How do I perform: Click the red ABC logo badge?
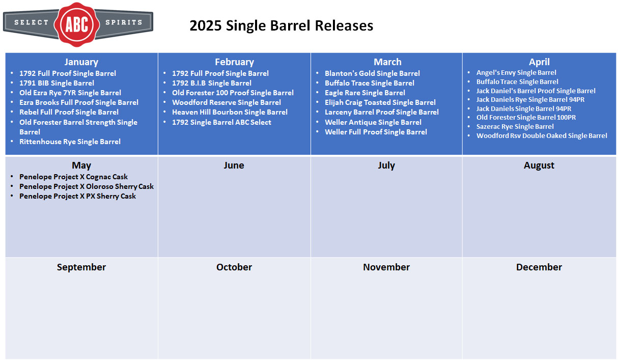coord(77,24)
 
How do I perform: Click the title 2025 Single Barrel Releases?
coord(282,25)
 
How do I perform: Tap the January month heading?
coord(81,62)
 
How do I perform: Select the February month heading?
coord(235,62)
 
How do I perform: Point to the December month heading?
coord(539,267)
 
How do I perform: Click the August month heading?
coord(539,165)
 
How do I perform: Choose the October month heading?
coord(234,267)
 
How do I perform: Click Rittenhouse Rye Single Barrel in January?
coord(70,142)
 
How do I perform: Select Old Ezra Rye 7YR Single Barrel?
coord(70,93)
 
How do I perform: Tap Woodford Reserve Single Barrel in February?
coord(227,102)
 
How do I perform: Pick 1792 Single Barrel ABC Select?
coord(221,122)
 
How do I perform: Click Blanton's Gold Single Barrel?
coord(372,73)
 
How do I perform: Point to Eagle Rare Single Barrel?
coord(364,93)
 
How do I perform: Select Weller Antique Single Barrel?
coord(373,122)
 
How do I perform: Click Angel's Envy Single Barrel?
coord(516,72)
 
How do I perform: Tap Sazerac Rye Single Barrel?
coord(515,126)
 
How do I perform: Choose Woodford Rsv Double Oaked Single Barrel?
coord(542,135)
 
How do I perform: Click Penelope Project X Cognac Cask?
coord(73,177)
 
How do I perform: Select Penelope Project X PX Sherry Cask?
coord(77,196)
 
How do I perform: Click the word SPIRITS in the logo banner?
coord(124,22)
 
